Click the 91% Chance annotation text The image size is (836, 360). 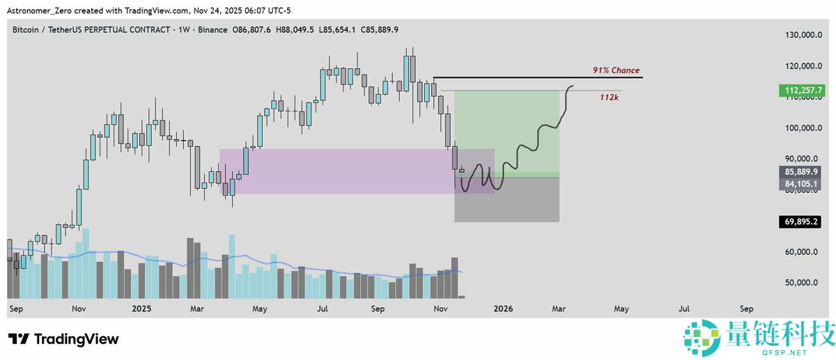point(616,70)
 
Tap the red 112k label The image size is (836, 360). point(610,97)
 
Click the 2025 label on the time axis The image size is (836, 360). point(141,308)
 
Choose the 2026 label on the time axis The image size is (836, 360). point(502,308)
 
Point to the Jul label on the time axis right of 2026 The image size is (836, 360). point(684,308)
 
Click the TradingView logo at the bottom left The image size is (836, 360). point(63,339)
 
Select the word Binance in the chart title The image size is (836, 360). point(214,30)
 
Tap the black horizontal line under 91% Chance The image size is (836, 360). point(536,77)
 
